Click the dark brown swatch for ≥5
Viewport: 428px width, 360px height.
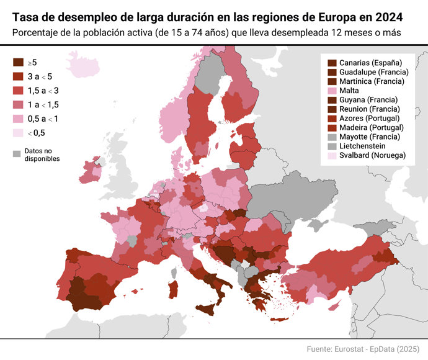(19, 63)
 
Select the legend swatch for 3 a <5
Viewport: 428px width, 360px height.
(19, 76)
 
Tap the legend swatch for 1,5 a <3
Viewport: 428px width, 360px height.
(19, 91)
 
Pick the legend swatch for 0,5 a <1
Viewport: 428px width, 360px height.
(19, 119)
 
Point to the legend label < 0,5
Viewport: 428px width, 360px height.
(36, 133)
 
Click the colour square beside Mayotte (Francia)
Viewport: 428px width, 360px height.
(332, 137)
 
